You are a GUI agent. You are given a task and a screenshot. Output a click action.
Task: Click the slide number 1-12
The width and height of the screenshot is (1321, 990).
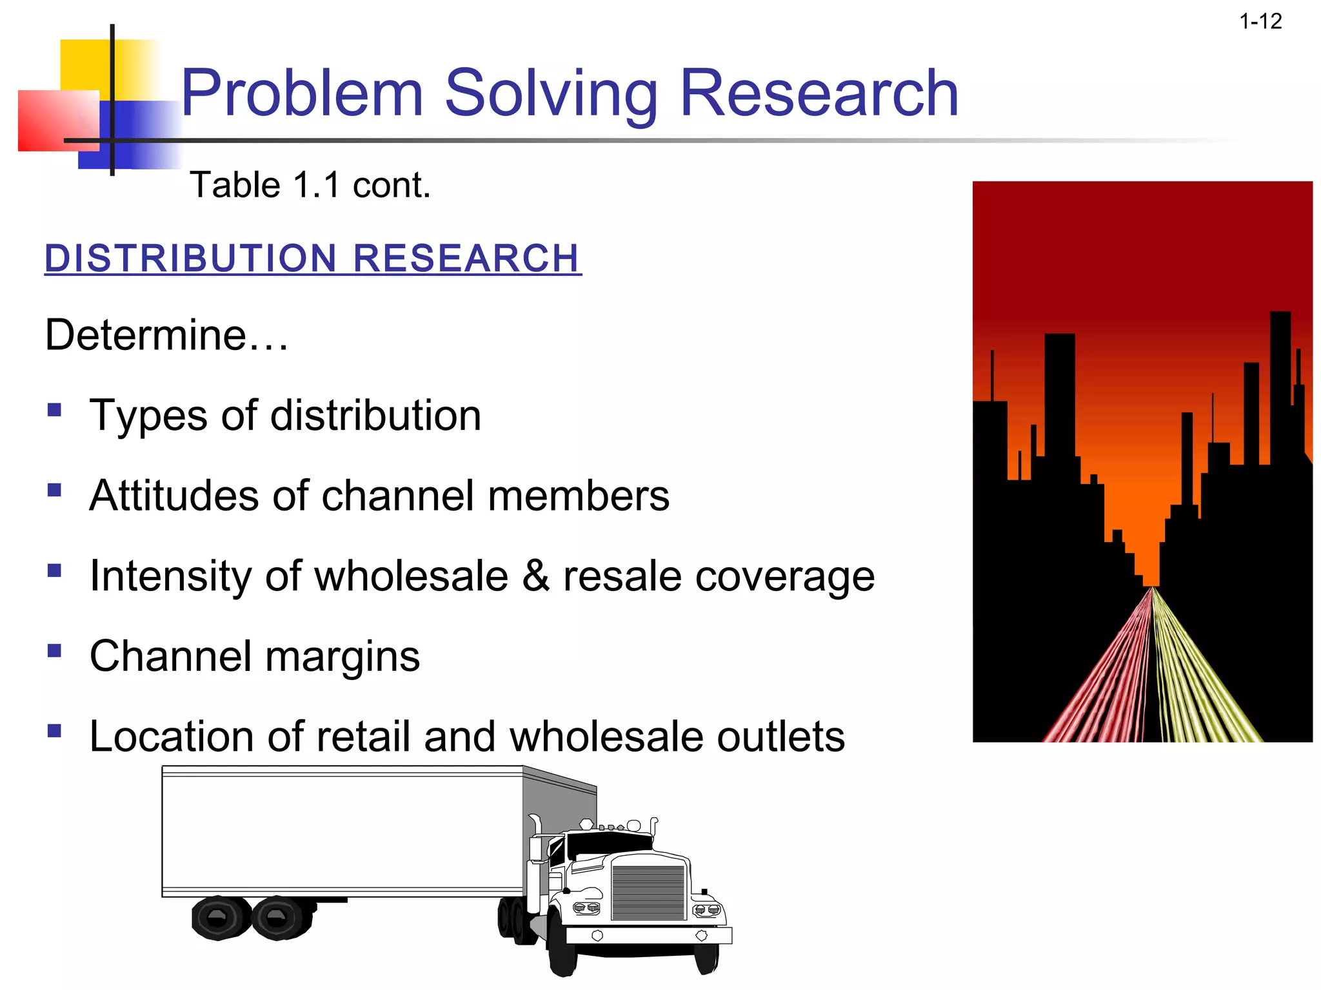coord(1260,22)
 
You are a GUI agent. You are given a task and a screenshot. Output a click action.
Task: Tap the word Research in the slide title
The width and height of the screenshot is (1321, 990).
coord(819,94)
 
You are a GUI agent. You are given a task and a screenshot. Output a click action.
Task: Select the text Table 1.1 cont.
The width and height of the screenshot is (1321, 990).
coord(310,186)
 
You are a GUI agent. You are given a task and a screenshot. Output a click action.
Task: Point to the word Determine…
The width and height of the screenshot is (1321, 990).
coord(166,335)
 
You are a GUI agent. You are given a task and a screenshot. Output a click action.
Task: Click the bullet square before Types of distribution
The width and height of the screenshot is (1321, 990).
coord(55,410)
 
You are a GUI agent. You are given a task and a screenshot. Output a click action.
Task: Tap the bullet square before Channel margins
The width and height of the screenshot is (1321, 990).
coord(55,651)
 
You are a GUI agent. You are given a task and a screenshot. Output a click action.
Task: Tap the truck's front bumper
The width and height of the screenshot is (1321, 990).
coord(648,935)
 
